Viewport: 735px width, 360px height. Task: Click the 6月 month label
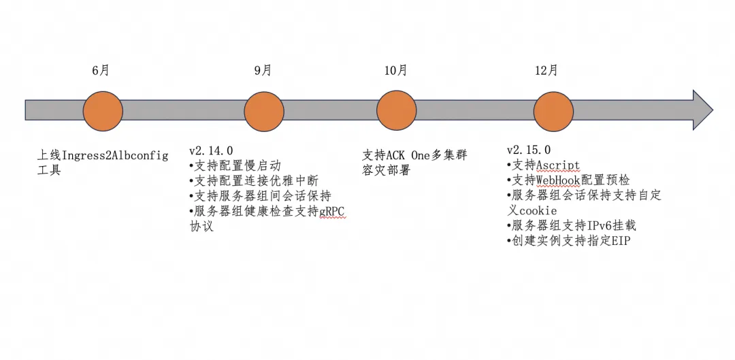pyautogui.click(x=101, y=71)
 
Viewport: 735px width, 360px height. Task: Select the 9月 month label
pyautogui.click(x=263, y=71)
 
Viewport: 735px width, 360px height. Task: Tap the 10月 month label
pyautogui.click(x=395, y=71)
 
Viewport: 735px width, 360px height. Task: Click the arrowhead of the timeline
pyautogui.click(x=702, y=110)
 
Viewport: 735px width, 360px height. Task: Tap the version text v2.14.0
pyautogui.click(x=211, y=150)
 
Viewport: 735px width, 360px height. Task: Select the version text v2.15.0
pyautogui.click(x=529, y=150)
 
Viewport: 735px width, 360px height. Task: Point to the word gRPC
pyautogui.click(x=333, y=212)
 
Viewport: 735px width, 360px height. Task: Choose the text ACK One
pyautogui.click(x=408, y=155)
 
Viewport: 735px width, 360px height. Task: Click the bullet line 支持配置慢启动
pyautogui.click(x=235, y=165)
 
